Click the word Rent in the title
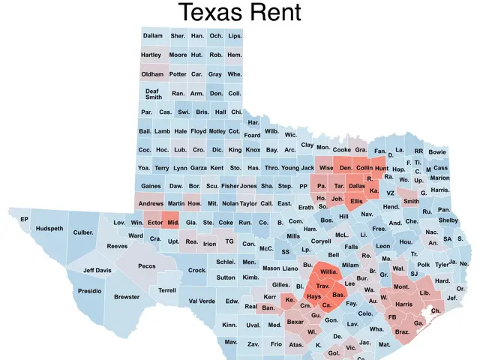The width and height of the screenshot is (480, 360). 274,13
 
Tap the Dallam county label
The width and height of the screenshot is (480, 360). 152,36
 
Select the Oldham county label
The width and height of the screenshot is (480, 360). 152,74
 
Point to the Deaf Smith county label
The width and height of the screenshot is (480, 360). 153,94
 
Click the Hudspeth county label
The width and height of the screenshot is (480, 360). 49,229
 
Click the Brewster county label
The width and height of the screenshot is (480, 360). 127,297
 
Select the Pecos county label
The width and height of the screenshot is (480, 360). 146,265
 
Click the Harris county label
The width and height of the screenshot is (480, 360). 403,304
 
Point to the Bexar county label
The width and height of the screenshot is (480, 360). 295,322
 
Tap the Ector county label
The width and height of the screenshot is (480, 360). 154,223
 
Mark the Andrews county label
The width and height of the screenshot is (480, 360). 151,203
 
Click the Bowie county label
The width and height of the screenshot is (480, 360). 436,151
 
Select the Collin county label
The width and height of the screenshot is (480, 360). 364,168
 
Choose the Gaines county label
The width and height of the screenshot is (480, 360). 151,186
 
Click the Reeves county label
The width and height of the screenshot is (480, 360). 117,246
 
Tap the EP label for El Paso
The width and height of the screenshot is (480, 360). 24,219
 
